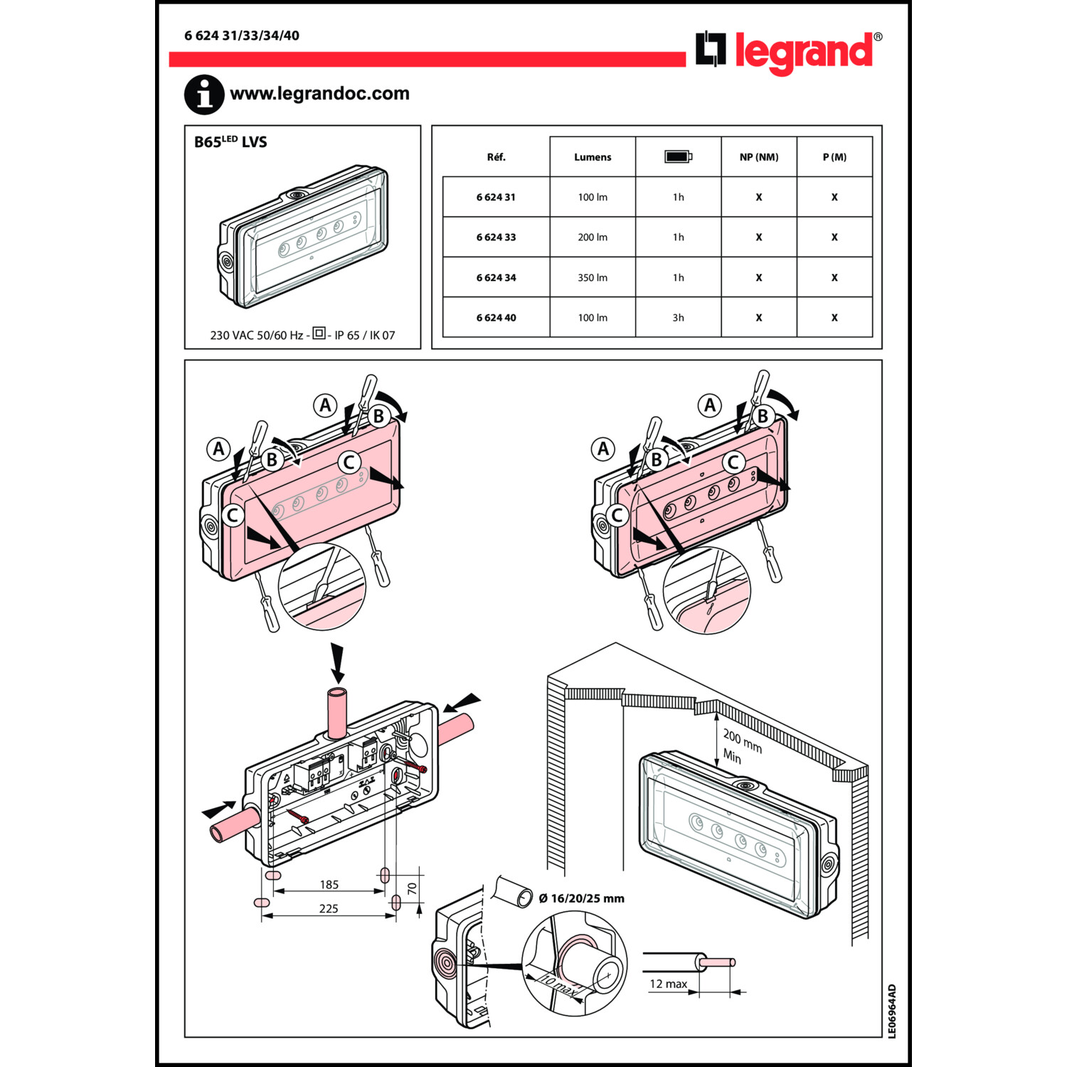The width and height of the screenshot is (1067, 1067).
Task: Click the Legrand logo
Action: (788, 51)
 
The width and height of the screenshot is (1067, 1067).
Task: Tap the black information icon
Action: (204, 94)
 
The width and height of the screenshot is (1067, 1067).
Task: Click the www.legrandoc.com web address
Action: (319, 93)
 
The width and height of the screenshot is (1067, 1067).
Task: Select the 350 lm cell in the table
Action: (593, 277)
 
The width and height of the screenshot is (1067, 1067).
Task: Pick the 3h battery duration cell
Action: (678, 317)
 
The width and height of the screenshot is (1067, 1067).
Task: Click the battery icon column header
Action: (678, 156)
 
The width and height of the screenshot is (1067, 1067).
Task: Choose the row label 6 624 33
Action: (496, 237)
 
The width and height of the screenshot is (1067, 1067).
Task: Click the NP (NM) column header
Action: (758, 156)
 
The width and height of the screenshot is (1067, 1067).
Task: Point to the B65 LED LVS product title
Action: (230, 142)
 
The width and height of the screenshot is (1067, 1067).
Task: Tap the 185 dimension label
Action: (329, 884)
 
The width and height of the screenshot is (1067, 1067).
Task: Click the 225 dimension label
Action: (329, 908)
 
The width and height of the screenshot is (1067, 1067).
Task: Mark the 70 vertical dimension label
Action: (412, 888)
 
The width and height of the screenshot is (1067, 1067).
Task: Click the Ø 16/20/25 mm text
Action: (581, 898)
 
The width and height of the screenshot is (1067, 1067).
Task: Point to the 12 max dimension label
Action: (668, 984)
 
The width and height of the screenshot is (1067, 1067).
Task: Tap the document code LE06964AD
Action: (892, 1011)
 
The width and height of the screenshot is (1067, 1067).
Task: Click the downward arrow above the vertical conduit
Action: (337, 663)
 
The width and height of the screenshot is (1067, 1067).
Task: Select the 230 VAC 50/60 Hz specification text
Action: (256, 335)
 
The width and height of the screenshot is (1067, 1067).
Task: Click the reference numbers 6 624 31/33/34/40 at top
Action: (242, 36)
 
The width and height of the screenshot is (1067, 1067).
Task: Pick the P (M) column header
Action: (834, 156)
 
